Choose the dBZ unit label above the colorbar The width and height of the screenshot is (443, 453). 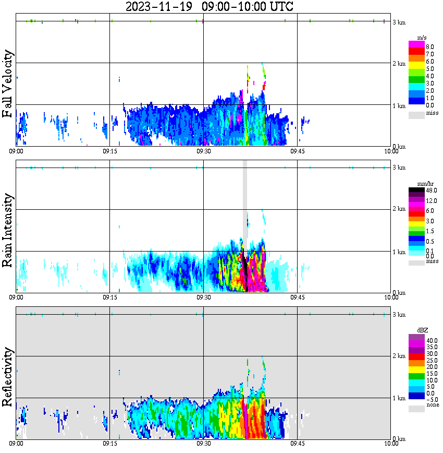pyautogui.click(x=422, y=330)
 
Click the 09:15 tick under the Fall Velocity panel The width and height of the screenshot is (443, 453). pyautogui.click(x=109, y=151)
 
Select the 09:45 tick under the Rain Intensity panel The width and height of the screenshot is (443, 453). pyautogui.click(x=297, y=297)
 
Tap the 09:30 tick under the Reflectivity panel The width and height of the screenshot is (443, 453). pyautogui.click(x=203, y=444)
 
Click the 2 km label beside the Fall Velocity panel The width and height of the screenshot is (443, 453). pyautogui.click(x=399, y=64)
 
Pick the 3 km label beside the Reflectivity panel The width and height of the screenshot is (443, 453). pyautogui.click(x=399, y=314)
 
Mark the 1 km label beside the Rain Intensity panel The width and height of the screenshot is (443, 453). pyautogui.click(x=399, y=252)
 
